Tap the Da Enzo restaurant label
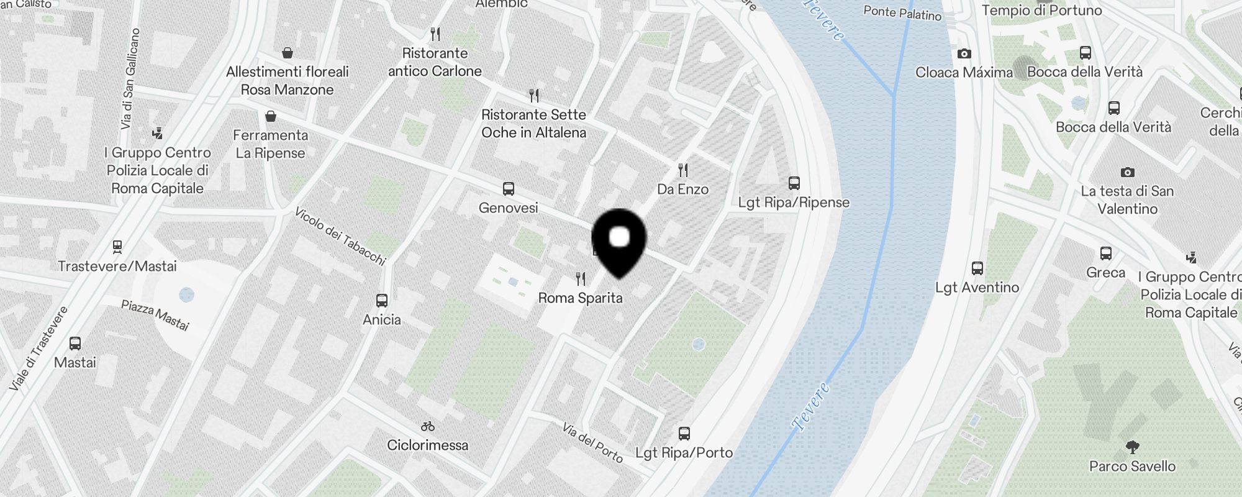pyautogui.click(x=682, y=189)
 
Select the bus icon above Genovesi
pyautogui.click(x=508, y=188)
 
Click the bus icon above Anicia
pyautogui.click(x=382, y=301)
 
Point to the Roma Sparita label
pyautogui.click(x=580, y=298)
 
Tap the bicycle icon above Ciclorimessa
pyautogui.click(x=427, y=426)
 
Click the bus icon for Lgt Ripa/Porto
pyautogui.click(x=684, y=433)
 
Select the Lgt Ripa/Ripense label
pyautogui.click(x=794, y=203)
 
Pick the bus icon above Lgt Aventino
pyautogui.click(x=977, y=268)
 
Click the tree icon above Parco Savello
pyautogui.click(x=1132, y=447)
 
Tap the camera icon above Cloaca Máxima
pyautogui.click(x=964, y=54)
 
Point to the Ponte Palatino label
pyautogui.click(x=902, y=12)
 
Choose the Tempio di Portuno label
pyautogui.click(x=1041, y=11)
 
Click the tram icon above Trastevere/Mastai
pyautogui.click(x=117, y=247)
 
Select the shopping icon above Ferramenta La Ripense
pyautogui.click(x=270, y=116)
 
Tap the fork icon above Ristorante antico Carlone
pyautogui.click(x=435, y=34)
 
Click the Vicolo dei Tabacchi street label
pyautogui.click(x=340, y=236)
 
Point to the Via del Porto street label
pyautogui.click(x=592, y=442)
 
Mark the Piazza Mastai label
pyautogui.click(x=155, y=315)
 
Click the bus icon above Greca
pyautogui.click(x=1105, y=253)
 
